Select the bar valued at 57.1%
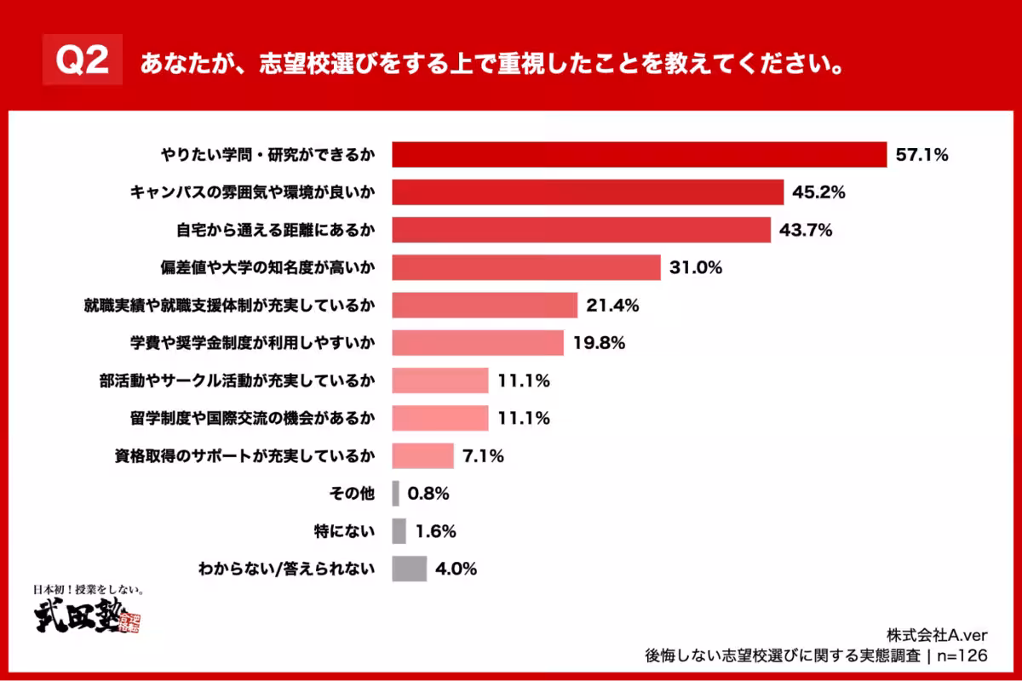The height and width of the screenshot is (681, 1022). pyautogui.click(x=639, y=154)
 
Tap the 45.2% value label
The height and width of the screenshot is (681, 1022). pyautogui.click(x=818, y=192)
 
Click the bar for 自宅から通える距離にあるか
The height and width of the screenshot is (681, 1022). pyautogui.click(x=581, y=230)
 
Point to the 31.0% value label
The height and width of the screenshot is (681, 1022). pyautogui.click(x=696, y=267)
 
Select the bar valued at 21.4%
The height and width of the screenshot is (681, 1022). pyautogui.click(x=485, y=305)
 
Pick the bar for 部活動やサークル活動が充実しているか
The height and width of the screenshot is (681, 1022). pyautogui.click(x=439, y=381)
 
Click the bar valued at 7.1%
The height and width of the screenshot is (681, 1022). pyautogui.click(x=422, y=455)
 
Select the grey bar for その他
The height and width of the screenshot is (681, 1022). pyautogui.click(x=396, y=493)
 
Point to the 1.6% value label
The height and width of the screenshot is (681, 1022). pyautogui.click(x=436, y=531)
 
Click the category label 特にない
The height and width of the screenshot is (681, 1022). pyautogui.click(x=344, y=531)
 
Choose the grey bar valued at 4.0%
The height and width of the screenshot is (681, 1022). pyautogui.click(x=409, y=569)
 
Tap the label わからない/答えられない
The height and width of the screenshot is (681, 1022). pyautogui.click(x=285, y=569)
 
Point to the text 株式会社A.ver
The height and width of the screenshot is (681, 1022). pyautogui.click(x=936, y=633)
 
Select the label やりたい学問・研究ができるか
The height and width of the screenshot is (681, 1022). pyautogui.click(x=267, y=155)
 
